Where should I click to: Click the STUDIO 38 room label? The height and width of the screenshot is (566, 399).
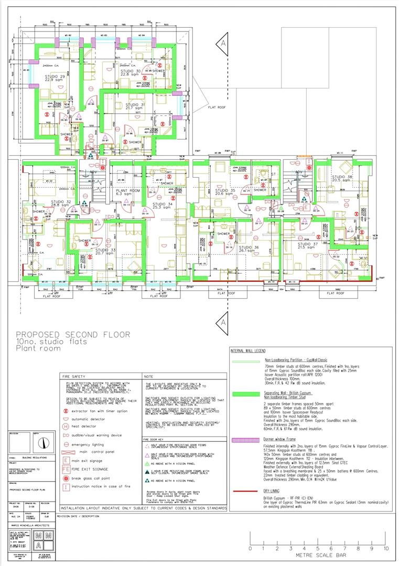(x=342, y=178)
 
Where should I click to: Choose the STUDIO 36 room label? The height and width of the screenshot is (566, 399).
(x=249, y=248)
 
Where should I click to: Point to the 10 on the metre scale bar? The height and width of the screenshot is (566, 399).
(x=386, y=548)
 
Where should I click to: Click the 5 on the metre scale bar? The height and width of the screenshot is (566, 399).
(x=318, y=548)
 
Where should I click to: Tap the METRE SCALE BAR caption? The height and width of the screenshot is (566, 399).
(x=318, y=557)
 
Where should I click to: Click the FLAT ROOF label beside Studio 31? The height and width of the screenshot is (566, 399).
(x=217, y=107)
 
